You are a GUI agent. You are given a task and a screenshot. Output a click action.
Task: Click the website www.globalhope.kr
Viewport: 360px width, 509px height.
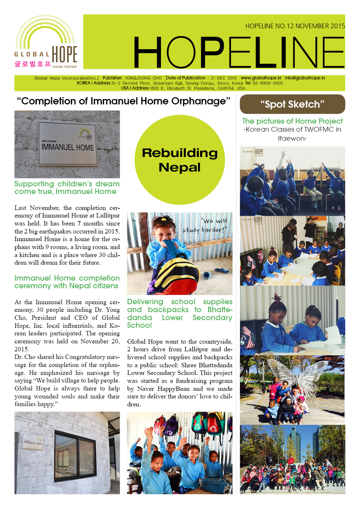tap(261, 78)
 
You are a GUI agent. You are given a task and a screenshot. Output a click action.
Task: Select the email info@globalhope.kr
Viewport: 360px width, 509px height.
tap(305, 78)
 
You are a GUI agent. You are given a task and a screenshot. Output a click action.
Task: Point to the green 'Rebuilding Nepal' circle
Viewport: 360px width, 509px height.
tap(180, 160)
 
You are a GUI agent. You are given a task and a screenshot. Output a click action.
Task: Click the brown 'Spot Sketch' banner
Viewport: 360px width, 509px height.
tap(292, 104)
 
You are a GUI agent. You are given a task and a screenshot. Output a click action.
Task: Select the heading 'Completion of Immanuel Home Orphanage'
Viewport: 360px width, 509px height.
tap(123, 101)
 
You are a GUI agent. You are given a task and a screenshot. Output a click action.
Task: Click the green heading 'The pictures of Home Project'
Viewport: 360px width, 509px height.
tap(292, 121)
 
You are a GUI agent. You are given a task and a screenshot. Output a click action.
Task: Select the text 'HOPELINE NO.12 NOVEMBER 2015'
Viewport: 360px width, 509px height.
tap(295, 26)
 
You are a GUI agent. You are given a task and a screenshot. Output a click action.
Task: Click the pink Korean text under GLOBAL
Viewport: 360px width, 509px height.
tap(32, 64)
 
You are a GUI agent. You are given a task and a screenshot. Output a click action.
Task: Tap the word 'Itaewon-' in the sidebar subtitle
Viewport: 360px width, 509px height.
tap(292, 138)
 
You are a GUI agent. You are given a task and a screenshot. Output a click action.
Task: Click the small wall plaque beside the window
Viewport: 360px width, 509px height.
tap(33, 441)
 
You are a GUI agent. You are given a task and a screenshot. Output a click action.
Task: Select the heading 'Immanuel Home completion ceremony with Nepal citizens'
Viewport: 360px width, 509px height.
tap(67, 282)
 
